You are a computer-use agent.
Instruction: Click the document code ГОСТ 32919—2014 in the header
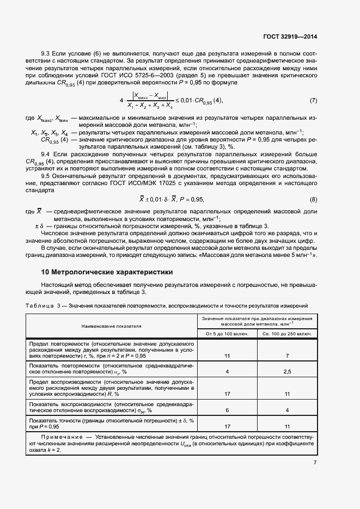click(x=290, y=36)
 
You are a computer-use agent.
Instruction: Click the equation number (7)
click(x=313, y=101)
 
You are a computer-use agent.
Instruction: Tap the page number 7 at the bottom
click(x=315, y=463)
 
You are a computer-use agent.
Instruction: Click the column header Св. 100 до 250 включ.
click(x=286, y=333)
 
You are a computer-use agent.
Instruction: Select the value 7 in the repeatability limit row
click(x=286, y=355)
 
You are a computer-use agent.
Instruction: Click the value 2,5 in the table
click(x=286, y=371)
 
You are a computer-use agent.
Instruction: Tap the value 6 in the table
click(x=227, y=410)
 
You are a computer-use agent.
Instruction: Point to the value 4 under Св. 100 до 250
click(x=286, y=410)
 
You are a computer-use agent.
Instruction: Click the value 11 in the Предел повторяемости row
click(x=227, y=355)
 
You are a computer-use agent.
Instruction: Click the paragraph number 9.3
click(x=46, y=54)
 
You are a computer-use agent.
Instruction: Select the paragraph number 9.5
click(x=46, y=176)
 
